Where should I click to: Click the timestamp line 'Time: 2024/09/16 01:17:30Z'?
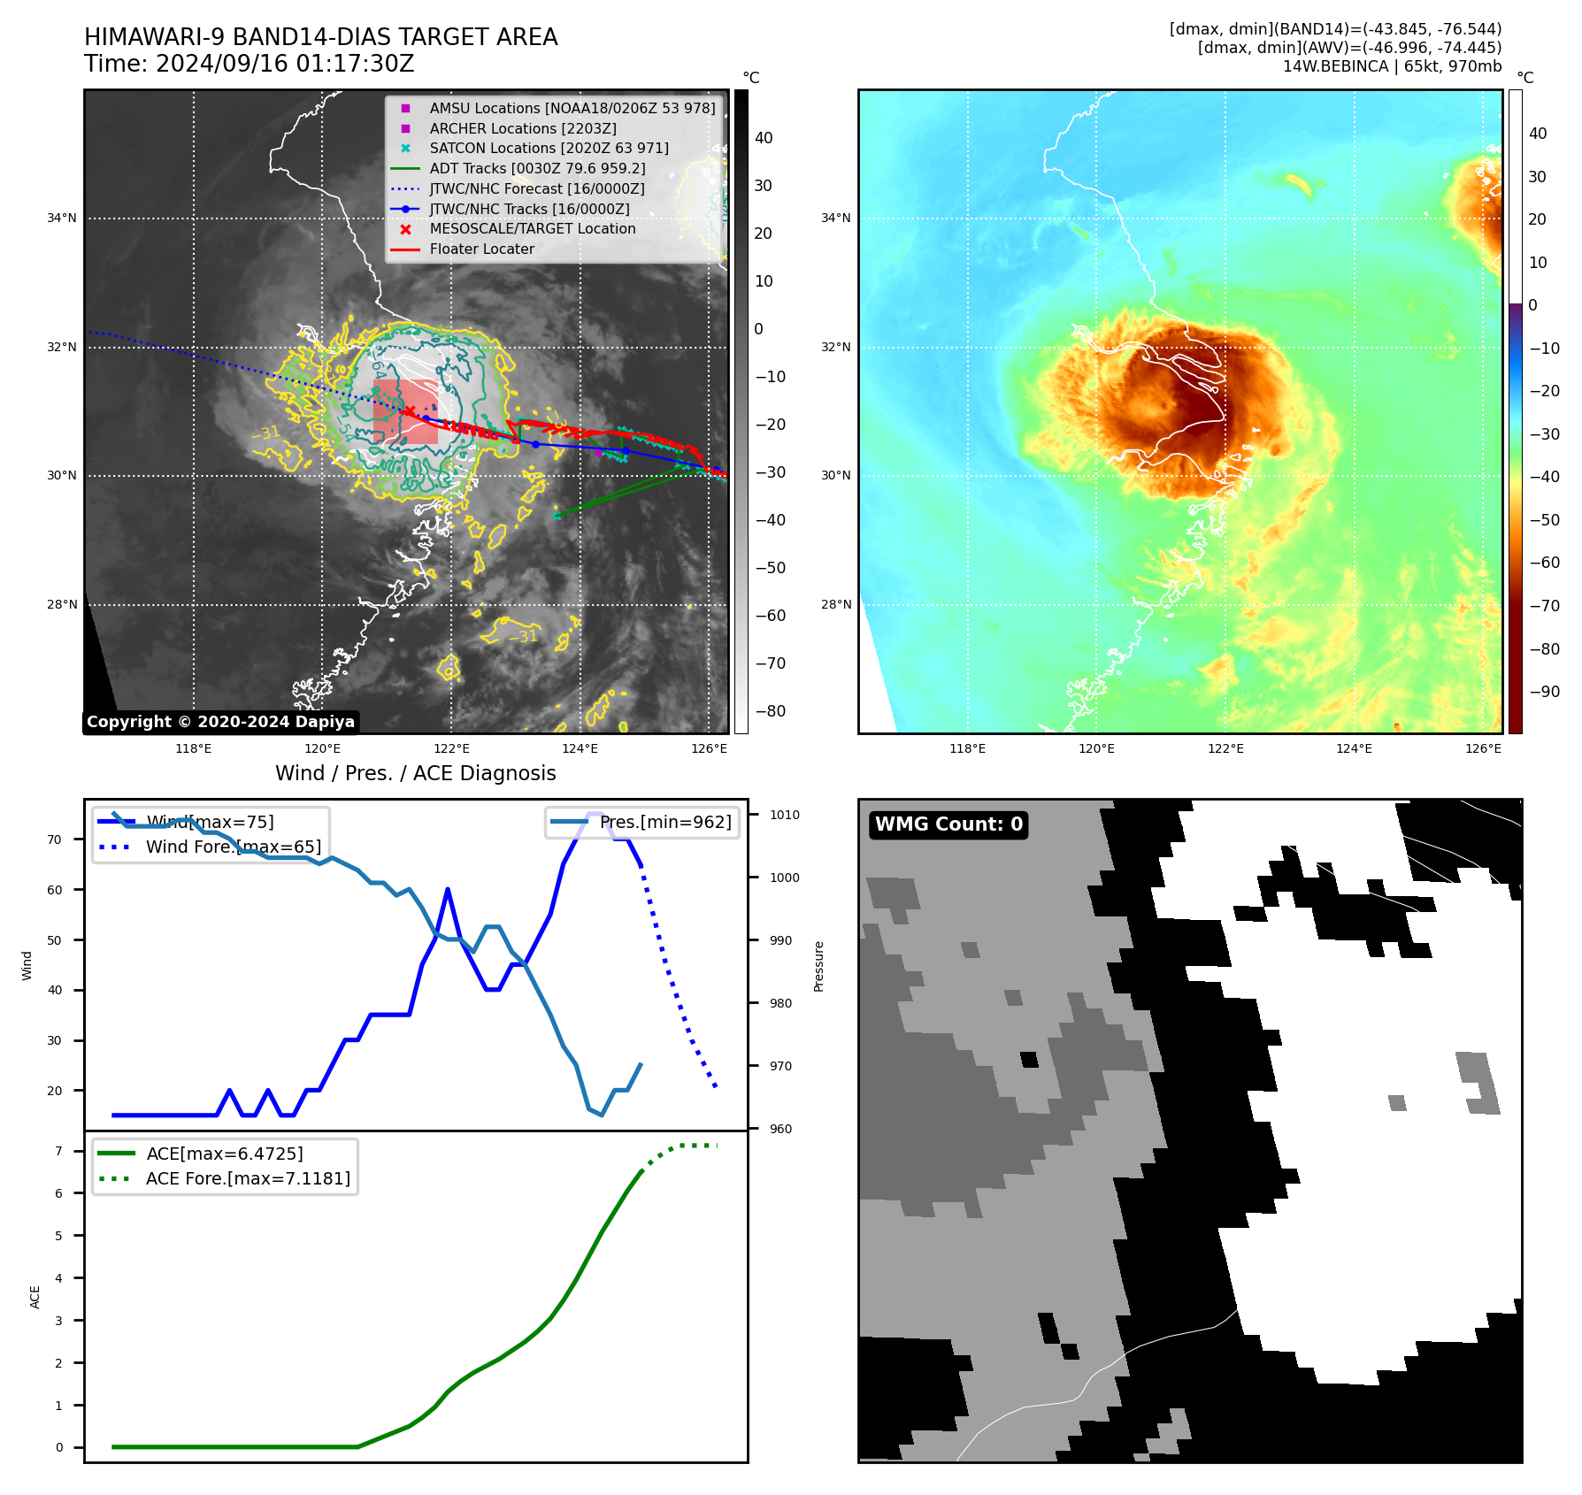pos(249,65)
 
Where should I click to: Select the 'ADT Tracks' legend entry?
pos(537,168)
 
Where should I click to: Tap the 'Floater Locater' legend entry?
pos(481,249)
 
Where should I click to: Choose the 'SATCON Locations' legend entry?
pos(549,149)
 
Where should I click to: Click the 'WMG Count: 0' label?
pos(948,824)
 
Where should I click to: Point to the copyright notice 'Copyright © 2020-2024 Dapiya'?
pos(220,722)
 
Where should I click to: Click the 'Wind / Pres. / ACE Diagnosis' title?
pos(415,773)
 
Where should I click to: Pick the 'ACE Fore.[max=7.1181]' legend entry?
pos(248,1178)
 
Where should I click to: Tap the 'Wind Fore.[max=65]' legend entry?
pos(233,847)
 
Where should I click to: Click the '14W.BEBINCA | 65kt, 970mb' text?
pos(1392,66)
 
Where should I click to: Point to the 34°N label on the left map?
pos(62,218)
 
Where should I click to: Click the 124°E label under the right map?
pos(1354,748)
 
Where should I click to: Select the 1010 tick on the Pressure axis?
pos(784,815)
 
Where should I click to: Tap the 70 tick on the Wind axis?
pos(55,839)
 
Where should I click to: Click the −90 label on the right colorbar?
pos(1544,692)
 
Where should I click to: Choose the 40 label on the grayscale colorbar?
pos(764,138)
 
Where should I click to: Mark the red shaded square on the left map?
pos(406,411)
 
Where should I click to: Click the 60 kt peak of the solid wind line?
pos(448,889)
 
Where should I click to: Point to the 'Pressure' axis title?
pos(818,966)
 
